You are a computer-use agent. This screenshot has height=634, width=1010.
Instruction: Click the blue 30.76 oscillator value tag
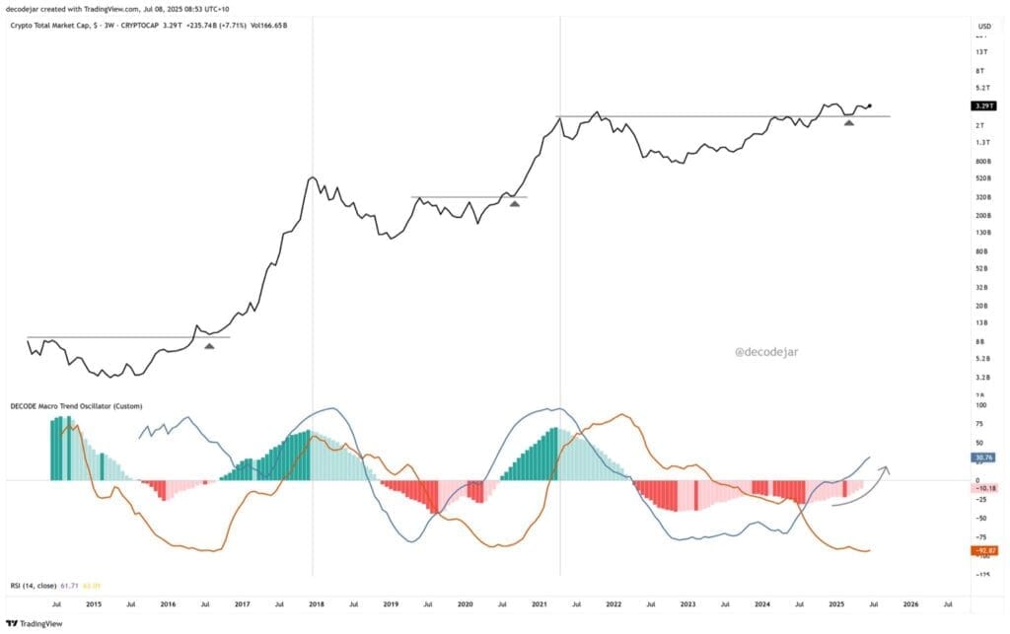pos(982,458)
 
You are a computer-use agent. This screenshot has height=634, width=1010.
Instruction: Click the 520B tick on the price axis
pos(982,178)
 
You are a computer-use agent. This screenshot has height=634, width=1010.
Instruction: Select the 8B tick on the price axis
pos(982,341)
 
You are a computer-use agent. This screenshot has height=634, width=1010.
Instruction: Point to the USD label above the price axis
pos(983,26)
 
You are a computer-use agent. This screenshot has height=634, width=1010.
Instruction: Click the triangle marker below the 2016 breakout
pos(208,345)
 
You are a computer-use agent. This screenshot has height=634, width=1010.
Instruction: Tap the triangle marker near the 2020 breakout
pos(514,203)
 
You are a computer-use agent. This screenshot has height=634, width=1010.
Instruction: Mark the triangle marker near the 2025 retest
pos(848,121)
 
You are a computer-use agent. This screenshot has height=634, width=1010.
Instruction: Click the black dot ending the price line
pos(869,105)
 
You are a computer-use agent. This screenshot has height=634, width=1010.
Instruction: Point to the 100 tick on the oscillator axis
pos(982,405)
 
